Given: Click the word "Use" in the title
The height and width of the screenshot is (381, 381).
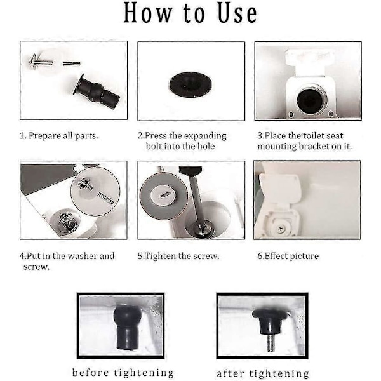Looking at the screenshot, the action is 237,13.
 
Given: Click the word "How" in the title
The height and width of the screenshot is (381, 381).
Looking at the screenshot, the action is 148,13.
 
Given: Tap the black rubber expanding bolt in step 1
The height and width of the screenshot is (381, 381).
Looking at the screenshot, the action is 97,91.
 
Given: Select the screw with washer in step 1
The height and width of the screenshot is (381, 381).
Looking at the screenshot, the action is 41,62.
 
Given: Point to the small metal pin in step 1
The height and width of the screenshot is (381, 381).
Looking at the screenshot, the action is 71,63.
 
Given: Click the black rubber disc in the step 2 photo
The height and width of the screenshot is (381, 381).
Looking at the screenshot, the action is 190,84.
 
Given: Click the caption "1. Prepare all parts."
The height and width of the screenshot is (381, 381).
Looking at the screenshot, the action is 58,136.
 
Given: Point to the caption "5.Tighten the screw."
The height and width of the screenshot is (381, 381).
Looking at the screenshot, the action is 178,256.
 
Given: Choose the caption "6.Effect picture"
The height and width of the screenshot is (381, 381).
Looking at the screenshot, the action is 288,256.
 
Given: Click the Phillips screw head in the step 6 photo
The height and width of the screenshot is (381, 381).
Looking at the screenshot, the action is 281,228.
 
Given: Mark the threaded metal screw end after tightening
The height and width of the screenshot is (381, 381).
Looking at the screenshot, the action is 271,343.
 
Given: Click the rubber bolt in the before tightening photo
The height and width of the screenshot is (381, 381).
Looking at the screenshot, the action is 127,326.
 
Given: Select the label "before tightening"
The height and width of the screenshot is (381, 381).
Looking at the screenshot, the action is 123,373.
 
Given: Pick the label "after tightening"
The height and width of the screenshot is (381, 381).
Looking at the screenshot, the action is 263,373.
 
